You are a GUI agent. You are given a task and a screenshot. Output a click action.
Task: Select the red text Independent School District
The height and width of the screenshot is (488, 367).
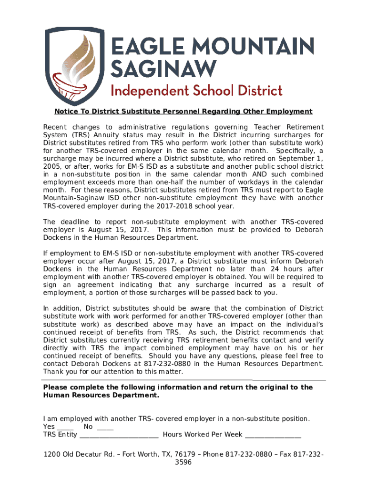(x=196, y=90)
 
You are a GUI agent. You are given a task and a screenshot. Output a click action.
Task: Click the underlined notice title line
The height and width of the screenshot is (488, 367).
(x=183, y=112)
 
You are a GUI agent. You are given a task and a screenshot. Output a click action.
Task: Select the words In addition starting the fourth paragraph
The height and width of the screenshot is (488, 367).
(x=62, y=308)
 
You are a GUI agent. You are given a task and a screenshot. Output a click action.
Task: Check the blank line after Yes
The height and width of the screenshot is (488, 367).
(x=65, y=427)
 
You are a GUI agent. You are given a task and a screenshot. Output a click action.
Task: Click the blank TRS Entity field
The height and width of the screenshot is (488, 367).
(x=119, y=436)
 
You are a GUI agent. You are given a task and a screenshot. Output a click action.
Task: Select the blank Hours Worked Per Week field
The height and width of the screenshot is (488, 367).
(x=273, y=436)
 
